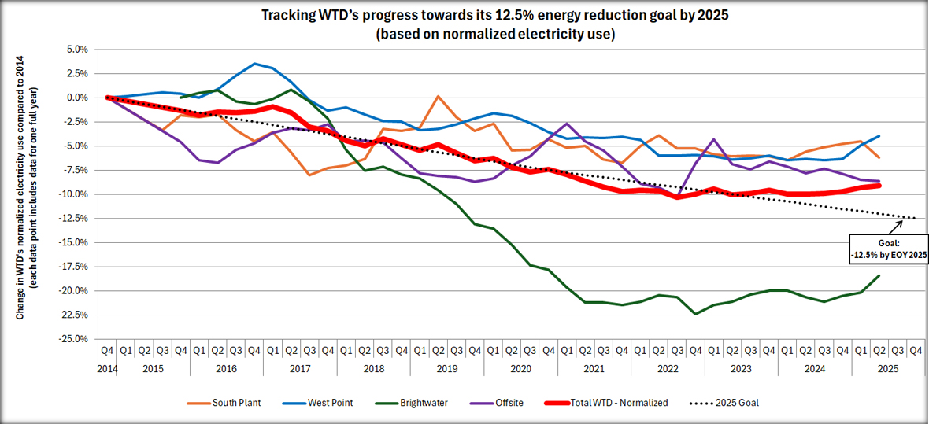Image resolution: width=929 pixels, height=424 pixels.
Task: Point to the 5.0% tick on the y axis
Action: tap(76, 49)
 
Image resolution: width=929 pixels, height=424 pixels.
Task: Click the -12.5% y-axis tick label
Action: tap(74, 218)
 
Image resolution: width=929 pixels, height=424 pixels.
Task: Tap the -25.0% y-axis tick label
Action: tap(74, 339)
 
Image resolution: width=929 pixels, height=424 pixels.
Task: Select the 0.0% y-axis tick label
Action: tap(76, 98)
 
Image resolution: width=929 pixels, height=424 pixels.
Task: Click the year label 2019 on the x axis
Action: tap(446, 367)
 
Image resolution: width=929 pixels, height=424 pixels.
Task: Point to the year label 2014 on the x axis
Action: tap(107, 367)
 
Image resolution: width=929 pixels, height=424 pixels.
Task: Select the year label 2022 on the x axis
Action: tap(667, 367)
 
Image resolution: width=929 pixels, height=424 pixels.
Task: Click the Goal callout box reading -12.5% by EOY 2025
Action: tap(889, 249)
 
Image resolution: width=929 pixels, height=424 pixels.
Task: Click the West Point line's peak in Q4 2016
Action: tap(254, 64)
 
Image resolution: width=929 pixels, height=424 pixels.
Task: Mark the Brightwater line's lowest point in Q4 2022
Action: tap(695, 314)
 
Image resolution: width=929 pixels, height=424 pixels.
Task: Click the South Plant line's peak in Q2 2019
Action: tap(438, 96)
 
